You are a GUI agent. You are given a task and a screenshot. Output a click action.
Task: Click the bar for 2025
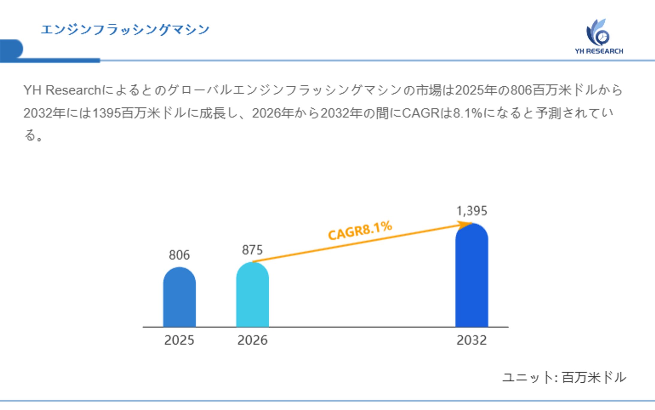point(179,297)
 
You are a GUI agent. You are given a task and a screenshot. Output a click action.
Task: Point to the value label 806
point(179,255)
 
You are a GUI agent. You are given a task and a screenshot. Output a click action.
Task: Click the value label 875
point(252,250)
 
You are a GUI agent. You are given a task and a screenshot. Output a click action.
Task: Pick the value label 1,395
point(471,211)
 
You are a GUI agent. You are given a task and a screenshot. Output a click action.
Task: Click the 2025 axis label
point(179,340)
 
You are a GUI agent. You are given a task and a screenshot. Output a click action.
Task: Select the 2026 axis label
point(252,340)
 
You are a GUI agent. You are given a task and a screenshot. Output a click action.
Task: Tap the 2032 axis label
point(471,340)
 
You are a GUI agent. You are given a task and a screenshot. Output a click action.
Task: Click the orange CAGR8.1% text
point(360,230)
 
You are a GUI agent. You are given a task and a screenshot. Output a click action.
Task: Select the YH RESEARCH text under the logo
point(599,51)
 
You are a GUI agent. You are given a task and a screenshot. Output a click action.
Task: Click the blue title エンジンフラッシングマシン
point(125,30)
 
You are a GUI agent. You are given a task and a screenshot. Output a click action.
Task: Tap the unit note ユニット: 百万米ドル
point(564,377)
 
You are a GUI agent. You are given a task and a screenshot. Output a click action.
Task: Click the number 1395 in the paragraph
point(107,113)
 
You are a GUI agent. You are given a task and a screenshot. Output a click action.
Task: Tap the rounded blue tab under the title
point(11,49)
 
